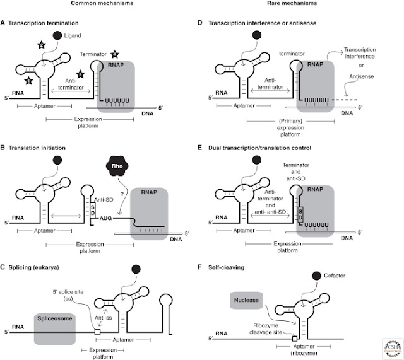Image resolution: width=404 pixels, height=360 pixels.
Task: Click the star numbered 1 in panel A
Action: point(29,81)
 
